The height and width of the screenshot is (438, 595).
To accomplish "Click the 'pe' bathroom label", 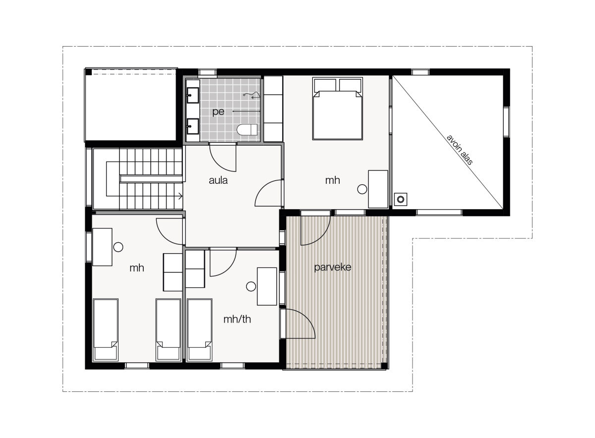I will (x=218, y=112).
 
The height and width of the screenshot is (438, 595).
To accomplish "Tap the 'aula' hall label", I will (x=218, y=180).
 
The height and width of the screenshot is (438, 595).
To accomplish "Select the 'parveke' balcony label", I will (x=333, y=268).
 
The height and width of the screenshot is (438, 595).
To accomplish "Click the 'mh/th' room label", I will (x=237, y=319).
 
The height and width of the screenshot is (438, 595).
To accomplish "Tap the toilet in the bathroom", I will (x=246, y=130).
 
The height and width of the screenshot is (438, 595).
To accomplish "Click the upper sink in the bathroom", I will (x=192, y=94).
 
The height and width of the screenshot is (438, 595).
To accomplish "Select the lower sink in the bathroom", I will (x=192, y=125).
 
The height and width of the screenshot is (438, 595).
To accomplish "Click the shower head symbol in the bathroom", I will (x=253, y=94).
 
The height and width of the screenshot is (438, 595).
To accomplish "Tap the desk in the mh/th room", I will (x=267, y=286).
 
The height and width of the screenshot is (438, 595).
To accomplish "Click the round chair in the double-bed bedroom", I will (x=362, y=189).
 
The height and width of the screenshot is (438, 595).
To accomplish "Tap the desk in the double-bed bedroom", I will (x=378, y=189).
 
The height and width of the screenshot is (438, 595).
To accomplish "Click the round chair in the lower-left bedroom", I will (x=118, y=247).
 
